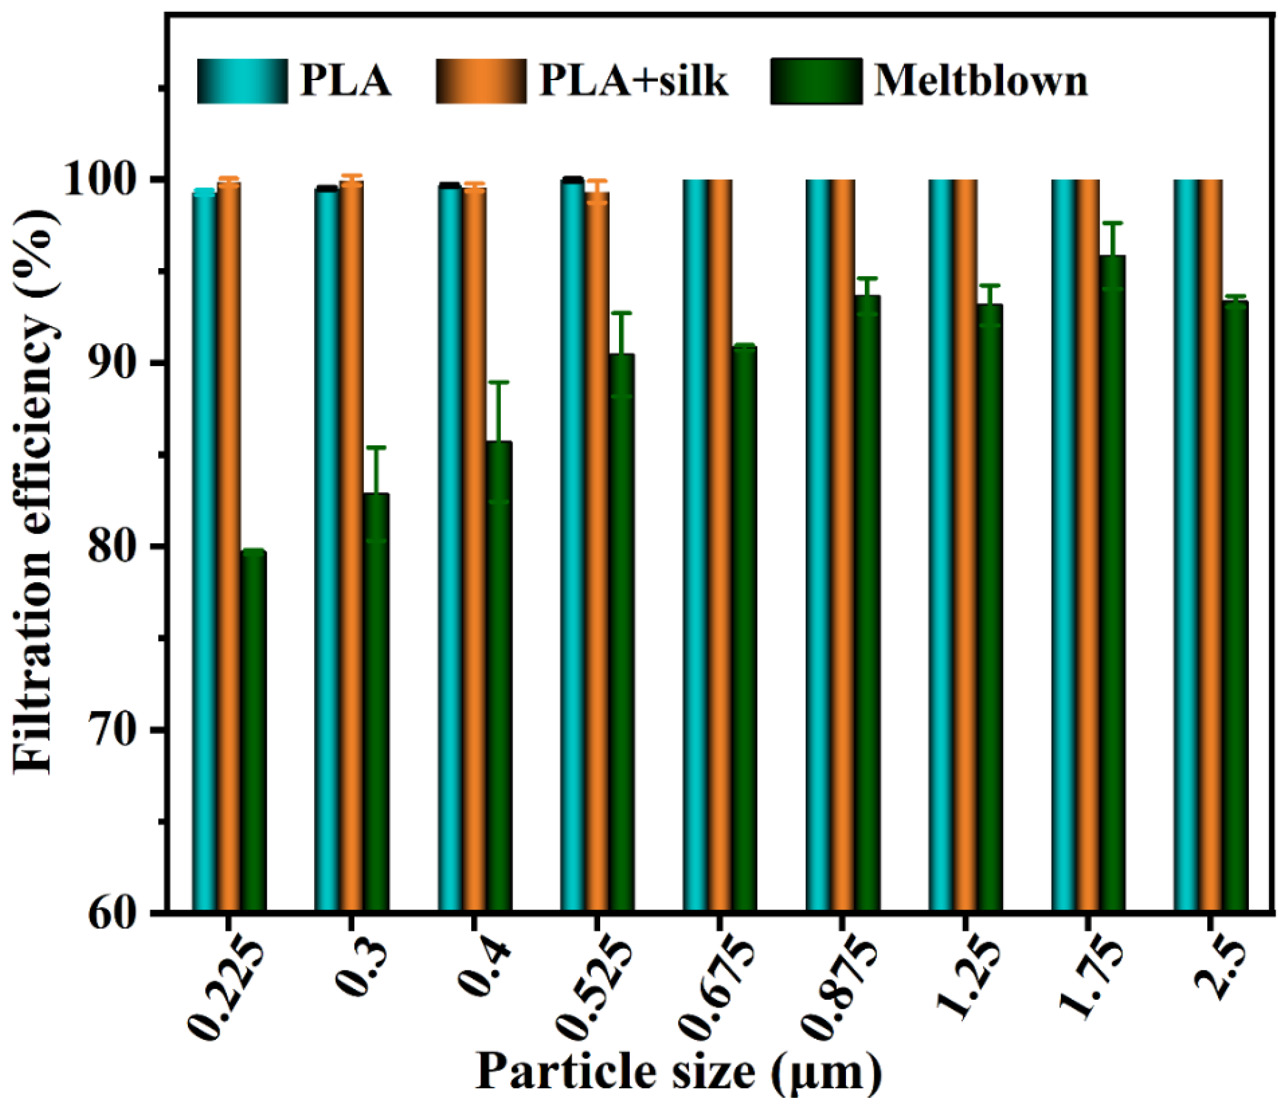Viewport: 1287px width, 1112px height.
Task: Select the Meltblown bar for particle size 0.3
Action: pos(376,702)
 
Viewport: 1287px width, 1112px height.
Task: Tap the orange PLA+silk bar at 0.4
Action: pos(475,546)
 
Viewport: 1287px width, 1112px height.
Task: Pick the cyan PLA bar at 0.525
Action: pos(572,546)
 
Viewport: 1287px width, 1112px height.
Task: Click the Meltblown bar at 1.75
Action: pos(1112,584)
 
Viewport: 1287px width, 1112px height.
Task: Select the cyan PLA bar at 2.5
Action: pos(1186,546)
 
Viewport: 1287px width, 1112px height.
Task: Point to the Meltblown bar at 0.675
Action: pos(744,627)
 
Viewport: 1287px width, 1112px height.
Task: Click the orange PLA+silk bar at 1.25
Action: pos(965,546)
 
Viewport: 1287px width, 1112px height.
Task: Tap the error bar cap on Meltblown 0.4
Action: pos(499,382)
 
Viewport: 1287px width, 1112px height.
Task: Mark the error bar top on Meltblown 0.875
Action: pos(867,278)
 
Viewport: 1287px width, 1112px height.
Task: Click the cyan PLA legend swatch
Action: pos(242,81)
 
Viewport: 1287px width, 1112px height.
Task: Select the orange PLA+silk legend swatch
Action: pos(481,81)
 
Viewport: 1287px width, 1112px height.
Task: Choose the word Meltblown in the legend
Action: pos(980,81)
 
